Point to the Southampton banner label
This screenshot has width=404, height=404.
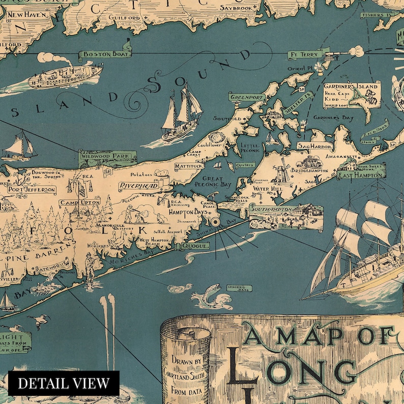click(271, 209)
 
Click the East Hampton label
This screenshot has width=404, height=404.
click(360, 175)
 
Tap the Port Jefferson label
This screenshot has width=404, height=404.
click(31, 190)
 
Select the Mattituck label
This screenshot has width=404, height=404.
click(189, 166)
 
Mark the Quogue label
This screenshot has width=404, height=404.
click(186, 246)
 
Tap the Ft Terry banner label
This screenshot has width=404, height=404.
click(304, 54)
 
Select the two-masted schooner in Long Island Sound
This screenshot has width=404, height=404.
click(179, 114)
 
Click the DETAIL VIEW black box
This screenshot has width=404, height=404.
click(64, 383)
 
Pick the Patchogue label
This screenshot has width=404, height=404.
click(53, 266)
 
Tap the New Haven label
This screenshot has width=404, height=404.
click(28, 16)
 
